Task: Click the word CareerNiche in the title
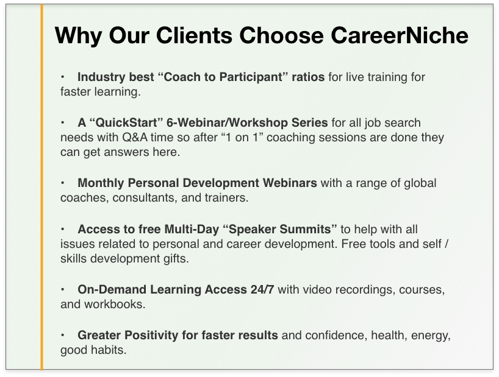(400, 35)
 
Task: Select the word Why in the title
(78, 35)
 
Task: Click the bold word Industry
(97, 77)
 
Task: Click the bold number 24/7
(262, 290)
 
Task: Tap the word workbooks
(115, 305)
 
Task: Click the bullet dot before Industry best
(63, 77)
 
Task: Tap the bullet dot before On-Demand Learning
(63, 289)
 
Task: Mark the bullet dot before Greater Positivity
(63, 335)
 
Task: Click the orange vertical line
(41, 187)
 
